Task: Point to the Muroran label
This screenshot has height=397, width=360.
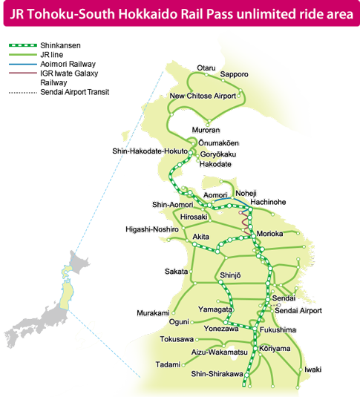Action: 206,130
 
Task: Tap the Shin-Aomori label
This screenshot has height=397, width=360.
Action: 171,204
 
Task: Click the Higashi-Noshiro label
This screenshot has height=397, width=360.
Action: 152,230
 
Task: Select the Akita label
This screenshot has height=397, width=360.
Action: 200,237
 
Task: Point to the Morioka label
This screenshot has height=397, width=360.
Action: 269,234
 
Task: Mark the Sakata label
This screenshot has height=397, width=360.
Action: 176,272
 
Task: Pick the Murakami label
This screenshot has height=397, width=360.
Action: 153,313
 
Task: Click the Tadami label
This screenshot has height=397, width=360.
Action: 168,364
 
